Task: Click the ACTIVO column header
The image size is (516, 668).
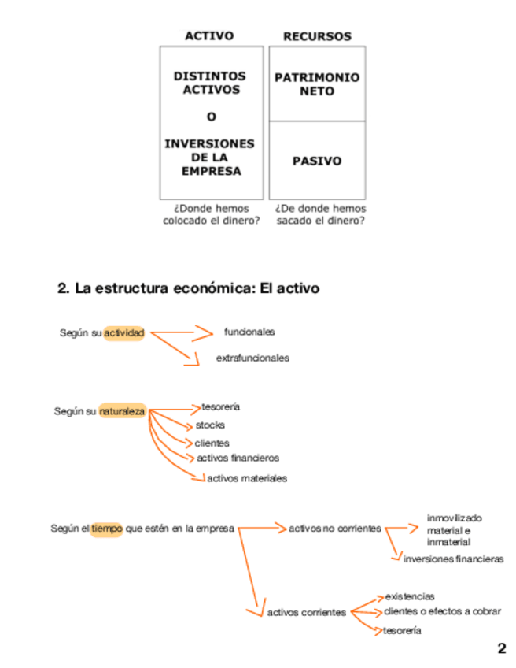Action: click(209, 35)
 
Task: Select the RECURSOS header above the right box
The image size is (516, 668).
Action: click(317, 36)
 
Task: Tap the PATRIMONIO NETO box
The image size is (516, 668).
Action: click(317, 84)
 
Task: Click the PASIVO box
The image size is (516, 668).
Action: click(317, 161)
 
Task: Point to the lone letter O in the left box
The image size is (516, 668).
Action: click(211, 117)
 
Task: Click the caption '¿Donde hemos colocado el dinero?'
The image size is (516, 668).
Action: click(211, 214)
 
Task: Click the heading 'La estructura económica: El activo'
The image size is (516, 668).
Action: click(189, 289)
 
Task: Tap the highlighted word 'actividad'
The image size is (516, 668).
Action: click(124, 333)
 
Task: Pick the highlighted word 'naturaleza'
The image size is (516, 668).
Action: click(123, 411)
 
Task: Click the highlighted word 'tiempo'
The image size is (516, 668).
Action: click(106, 529)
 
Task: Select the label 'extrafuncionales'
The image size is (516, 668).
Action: click(252, 358)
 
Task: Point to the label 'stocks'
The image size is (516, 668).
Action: click(210, 425)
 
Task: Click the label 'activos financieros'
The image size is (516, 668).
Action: click(238, 458)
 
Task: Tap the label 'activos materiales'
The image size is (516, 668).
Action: click(247, 478)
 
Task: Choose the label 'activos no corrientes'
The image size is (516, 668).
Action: click(335, 529)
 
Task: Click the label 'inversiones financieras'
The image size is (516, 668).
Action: click(453, 559)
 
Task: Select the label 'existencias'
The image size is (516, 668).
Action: click(410, 597)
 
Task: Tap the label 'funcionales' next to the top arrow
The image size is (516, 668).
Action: click(249, 332)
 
